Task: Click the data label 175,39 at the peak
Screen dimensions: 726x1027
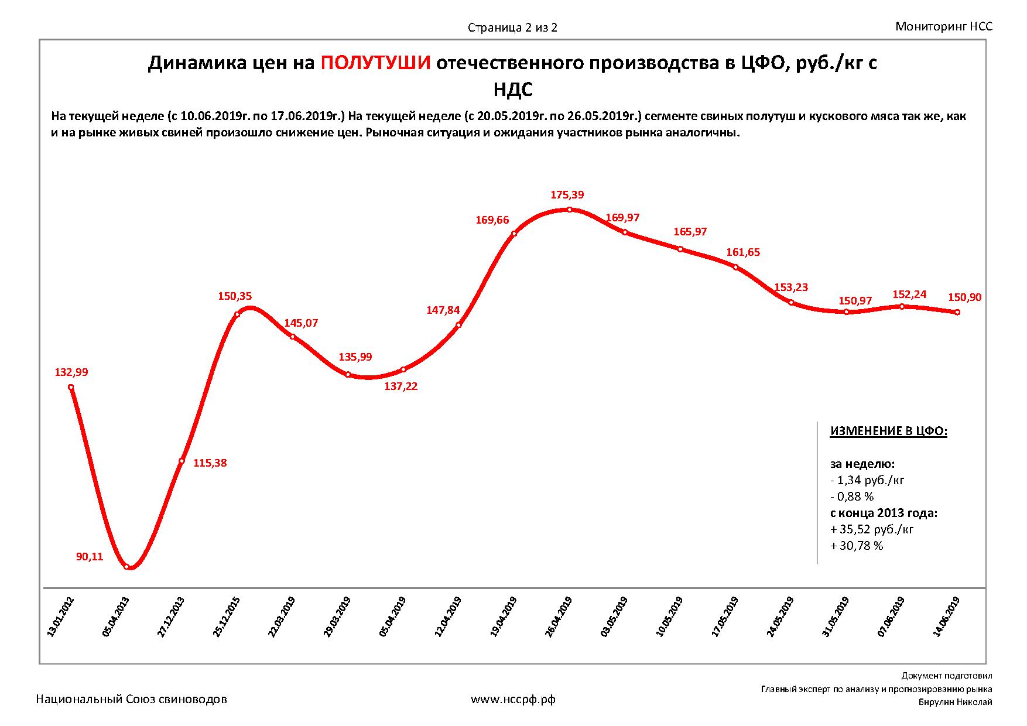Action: click(x=567, y=195)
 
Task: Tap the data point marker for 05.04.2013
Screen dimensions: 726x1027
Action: click(x=126, y=566)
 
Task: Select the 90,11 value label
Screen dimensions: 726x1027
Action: click(x=90, y=557)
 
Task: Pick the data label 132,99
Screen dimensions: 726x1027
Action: click(x=71, y=372)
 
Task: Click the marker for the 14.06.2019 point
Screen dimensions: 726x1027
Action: click(x=957, y=313)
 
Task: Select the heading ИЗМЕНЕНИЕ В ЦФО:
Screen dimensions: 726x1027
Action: click(x=888, y=432)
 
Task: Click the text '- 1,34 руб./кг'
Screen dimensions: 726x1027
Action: click(x=867, y=480)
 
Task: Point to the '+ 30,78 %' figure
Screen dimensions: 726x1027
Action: click(x=857, y=546)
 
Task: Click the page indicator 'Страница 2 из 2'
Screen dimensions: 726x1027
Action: click(x=512, y=28)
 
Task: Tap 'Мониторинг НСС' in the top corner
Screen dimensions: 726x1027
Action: click(x=944, y=26)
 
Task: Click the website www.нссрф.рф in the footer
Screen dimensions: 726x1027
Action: click(x=513, y=699)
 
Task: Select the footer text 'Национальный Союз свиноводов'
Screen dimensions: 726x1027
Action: click(x=132, y=699)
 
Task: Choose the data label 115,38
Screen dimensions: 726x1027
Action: click(x=210, y=463)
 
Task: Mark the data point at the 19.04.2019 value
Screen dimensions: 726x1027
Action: click(x=513, y=234)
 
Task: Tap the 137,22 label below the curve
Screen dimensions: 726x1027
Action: click(x=401, y=386)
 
